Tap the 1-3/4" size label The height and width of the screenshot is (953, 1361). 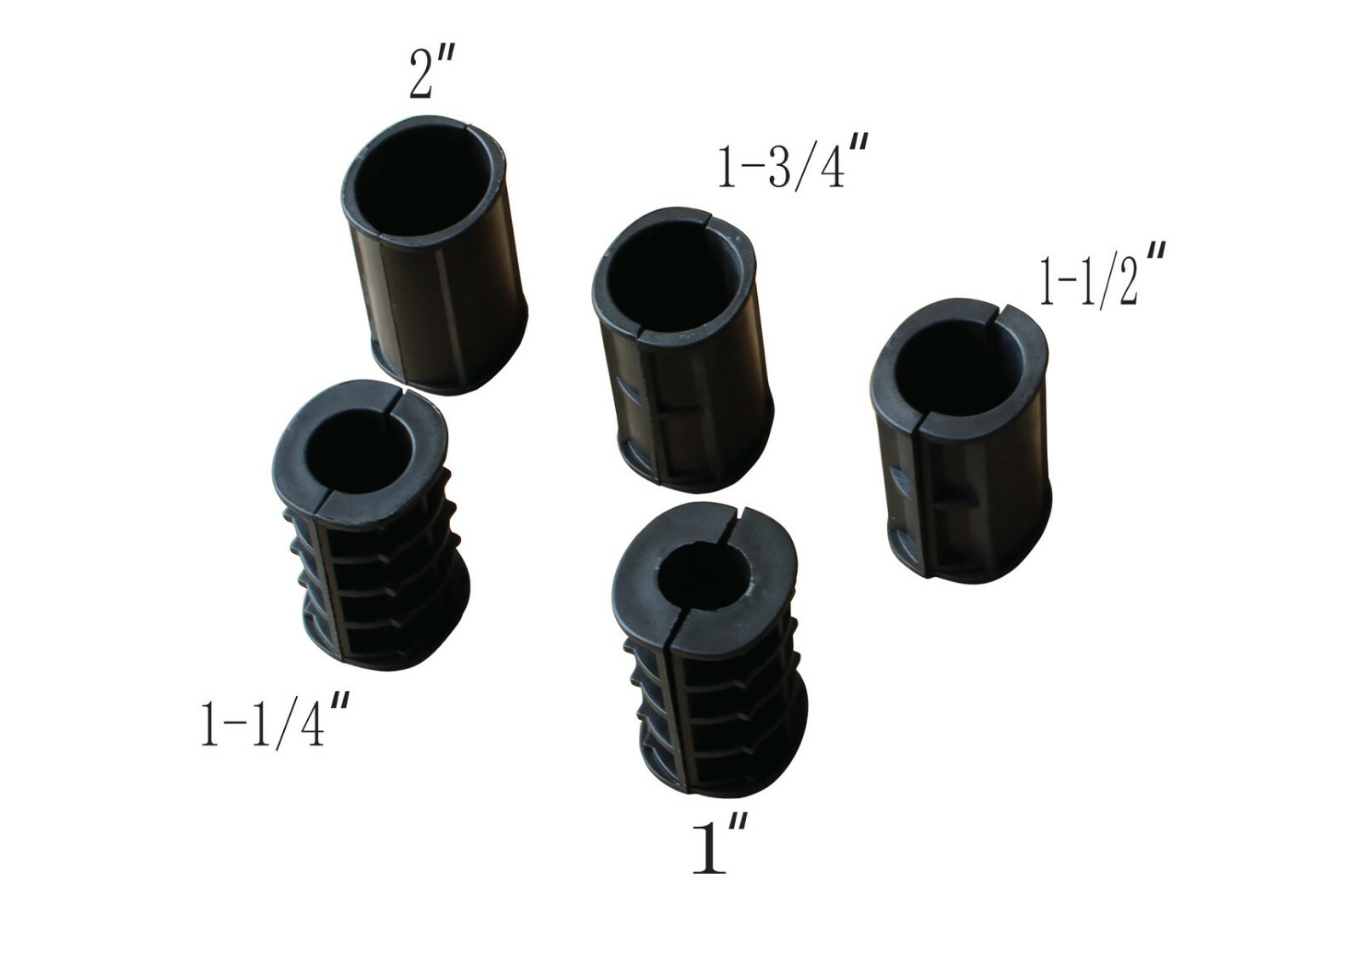coord(782,166)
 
